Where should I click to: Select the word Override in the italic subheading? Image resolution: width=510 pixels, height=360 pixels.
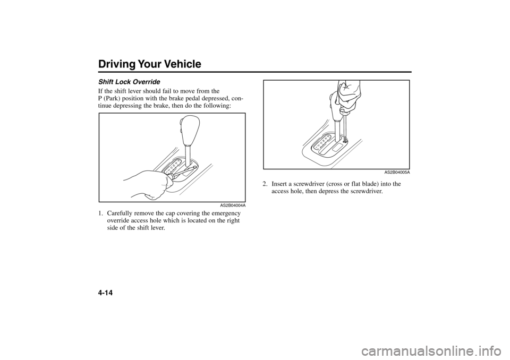coord(148,81)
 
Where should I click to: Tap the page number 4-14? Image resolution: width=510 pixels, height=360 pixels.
coord(106,293)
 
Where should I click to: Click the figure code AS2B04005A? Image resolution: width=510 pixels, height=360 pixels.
coord(397,173)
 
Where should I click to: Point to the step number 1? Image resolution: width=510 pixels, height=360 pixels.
coord(101,213)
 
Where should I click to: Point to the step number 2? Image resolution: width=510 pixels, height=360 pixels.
coord(266,184)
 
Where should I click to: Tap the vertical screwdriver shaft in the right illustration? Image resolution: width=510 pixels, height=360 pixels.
coord(344,125)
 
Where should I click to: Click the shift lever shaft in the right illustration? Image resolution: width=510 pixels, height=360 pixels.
coord(338,130)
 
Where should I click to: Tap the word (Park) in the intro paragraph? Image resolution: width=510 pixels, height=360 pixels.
coord(112,99)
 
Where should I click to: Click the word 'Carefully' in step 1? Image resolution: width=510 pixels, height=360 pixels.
coord(118,214)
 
